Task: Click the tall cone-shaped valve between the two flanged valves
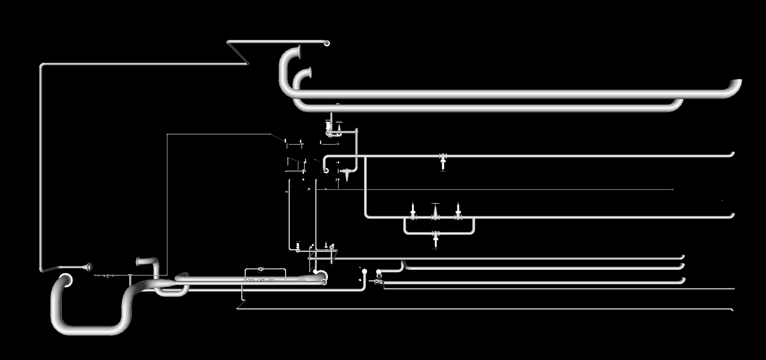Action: click(x=435, y=211)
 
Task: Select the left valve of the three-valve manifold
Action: click(x=413, y=211)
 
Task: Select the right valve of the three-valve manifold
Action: click(x=457, y=211)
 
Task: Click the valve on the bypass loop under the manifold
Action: click(x=435, y=237)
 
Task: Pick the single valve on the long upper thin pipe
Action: click(x=443, y=160)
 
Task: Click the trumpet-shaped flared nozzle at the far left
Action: click(x=88, y=266)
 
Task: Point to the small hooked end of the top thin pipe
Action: click(x=326, y=43)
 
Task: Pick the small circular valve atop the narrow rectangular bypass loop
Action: click(x=260, y=269)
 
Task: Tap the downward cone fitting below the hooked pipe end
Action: click(x=347, y=175)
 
